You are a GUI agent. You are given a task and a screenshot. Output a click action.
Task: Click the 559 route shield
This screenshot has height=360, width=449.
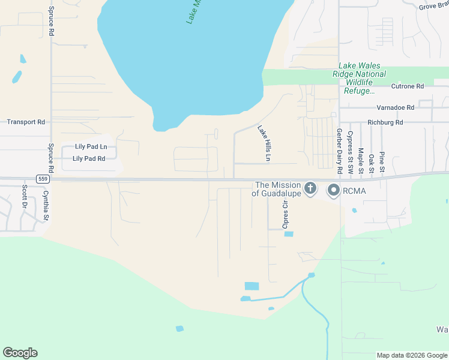pyautogui.click(x=41, y=178)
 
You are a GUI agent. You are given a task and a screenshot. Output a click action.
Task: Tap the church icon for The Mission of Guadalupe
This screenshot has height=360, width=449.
pyautogui.click(x=310, y=190)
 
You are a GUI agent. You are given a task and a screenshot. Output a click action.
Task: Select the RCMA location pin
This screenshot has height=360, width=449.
pyautogui.click(x=334, y=191)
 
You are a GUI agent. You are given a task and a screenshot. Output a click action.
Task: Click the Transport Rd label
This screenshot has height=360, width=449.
pyautogui.click(x=26, y=122)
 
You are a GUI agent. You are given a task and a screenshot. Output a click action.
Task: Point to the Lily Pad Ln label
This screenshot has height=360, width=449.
pyautogui.click(x=91, y=146)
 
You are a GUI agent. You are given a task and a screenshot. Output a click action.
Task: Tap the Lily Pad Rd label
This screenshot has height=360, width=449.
pyautogui.click(x=89, y=159)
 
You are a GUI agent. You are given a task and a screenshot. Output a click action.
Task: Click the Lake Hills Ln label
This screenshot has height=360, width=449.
pyautogui.click(x=265, y=143)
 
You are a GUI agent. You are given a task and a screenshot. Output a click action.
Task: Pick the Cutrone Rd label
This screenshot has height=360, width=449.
pyautogui.click(x=408, y=86)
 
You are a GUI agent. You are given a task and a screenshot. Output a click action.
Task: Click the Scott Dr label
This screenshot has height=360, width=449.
pyautogui.click(x=25, y=196)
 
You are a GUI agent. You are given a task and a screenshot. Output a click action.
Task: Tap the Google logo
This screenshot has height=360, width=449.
pyautogui.click(x=20, y=353)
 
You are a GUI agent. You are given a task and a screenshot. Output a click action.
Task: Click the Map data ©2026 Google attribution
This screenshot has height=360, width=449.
pyautogui.click(x=412, y=355)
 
